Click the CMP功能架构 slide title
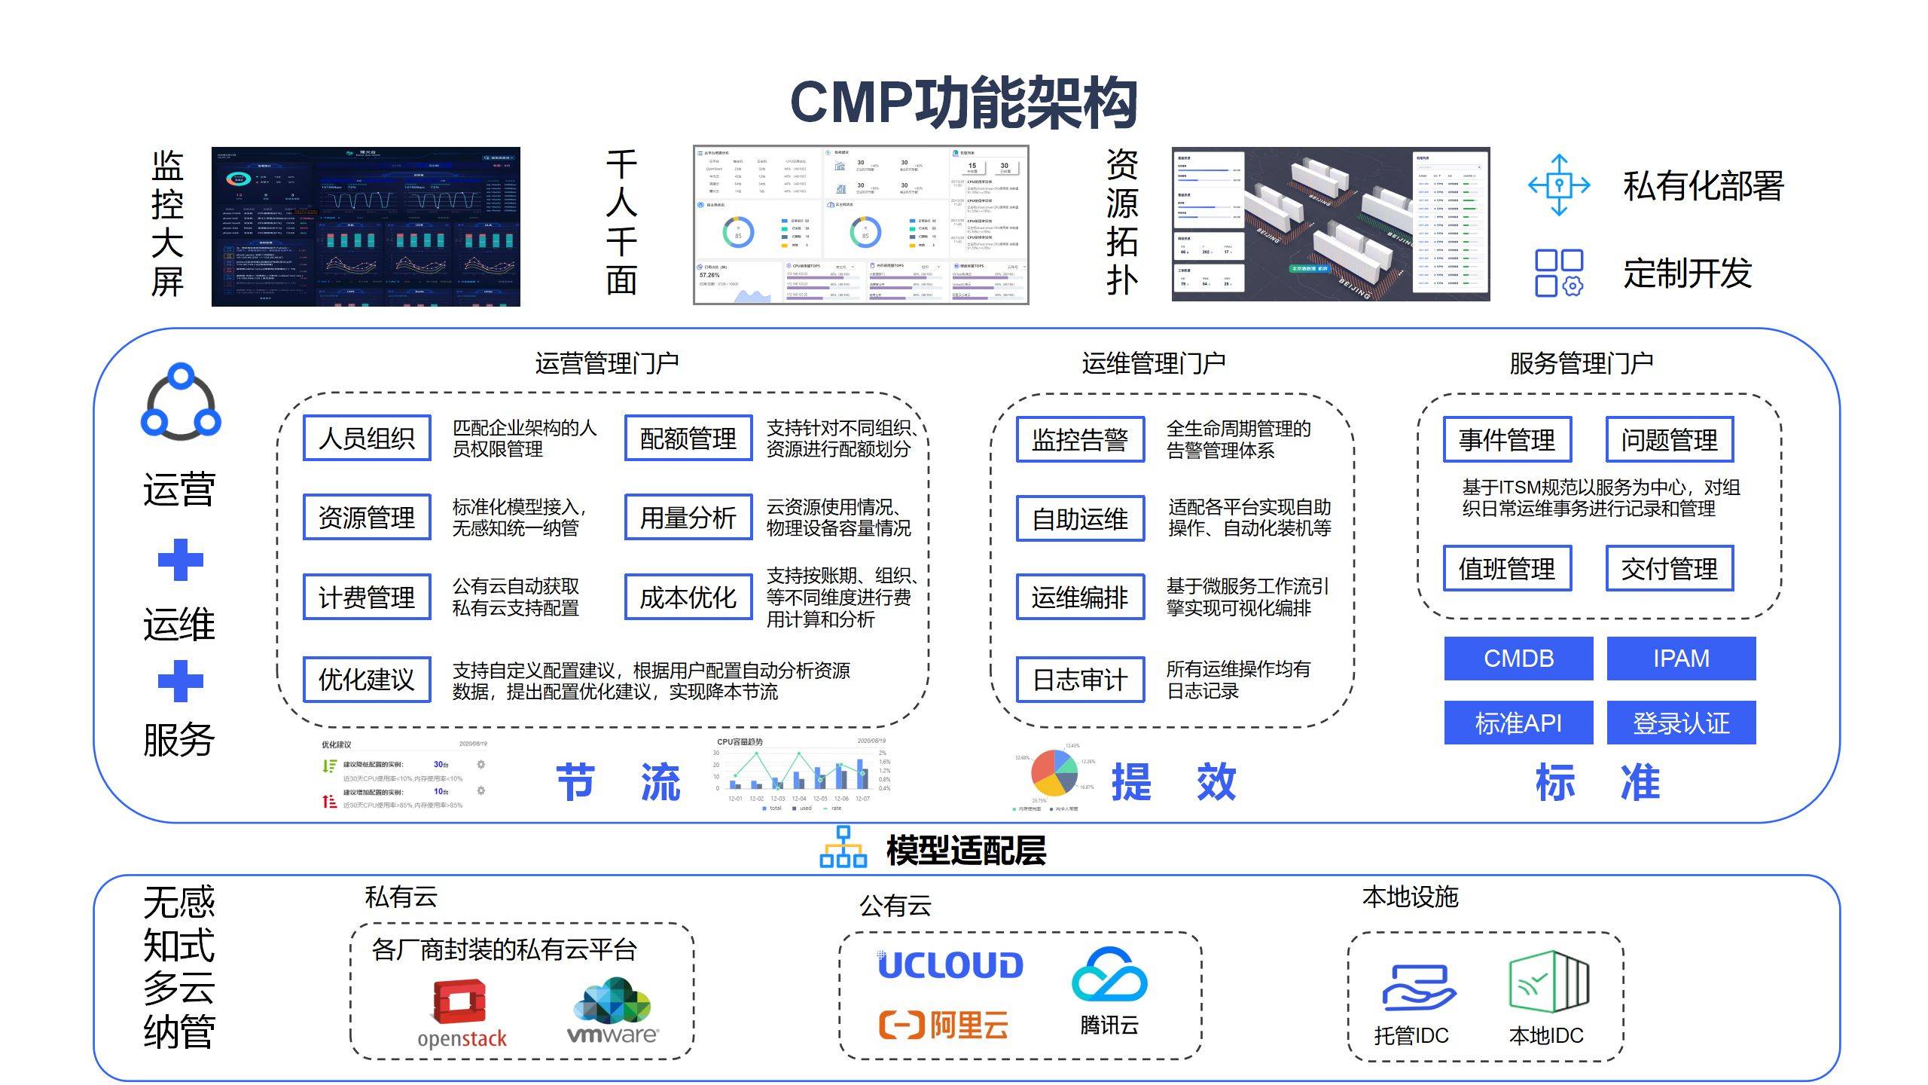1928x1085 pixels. [x=963, y=103]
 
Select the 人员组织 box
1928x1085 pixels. [x=367, y=438]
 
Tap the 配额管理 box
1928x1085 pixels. [x=688, y=438]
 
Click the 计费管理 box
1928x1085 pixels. [x=367, y=597]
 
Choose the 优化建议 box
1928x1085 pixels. [x=367, y=680]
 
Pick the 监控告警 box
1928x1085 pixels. [x=1080, y=439]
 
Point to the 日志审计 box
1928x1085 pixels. [x=1080, y=680]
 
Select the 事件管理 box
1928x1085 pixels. [x=1507, y=439]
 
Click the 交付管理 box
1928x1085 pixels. [x=1670, y=568]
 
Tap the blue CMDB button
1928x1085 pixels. [x=1518, y=659]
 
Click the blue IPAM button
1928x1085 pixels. [x=1681, y=659]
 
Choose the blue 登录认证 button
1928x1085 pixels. [x=1681, y=723]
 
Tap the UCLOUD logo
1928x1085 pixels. [x=950, y=965]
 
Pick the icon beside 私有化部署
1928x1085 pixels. [x=1559, y=185]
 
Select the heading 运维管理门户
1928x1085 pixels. [x=1153, y=364]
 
